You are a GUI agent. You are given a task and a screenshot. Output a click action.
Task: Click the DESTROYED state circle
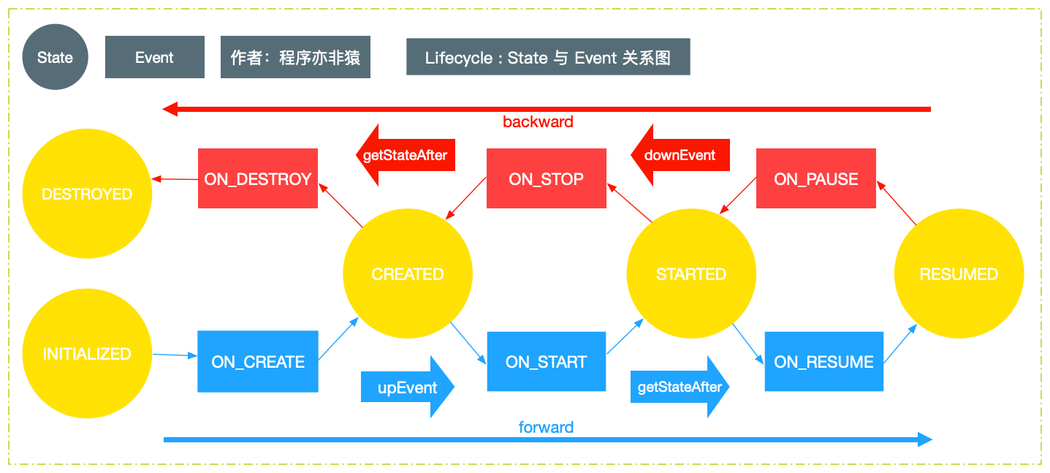pos(87,194)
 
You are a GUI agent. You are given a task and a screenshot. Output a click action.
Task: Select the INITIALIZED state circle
pos(87,354)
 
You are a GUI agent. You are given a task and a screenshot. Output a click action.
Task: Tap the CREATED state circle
pos(408,274)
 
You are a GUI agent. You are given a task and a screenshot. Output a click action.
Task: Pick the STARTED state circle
pos(691,274)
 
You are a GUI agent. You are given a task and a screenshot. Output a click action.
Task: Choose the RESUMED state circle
pos(959,274)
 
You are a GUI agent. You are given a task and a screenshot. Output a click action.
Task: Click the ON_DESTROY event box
pos(258,178)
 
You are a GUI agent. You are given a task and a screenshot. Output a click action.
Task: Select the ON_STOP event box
pos(547,178)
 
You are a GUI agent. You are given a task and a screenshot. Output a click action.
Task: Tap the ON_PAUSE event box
pos(815,178)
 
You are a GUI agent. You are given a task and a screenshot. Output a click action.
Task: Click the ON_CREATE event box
pos(258,362)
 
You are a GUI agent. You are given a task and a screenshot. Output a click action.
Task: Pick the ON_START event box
pos(547,362)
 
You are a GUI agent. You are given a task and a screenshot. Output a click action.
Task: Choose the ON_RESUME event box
pos(824,362)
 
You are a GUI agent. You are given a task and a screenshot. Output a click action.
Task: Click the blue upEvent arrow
pos(407,387)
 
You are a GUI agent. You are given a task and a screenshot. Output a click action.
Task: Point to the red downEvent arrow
pos(680,155)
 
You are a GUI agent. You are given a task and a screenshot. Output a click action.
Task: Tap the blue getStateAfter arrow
pos(680,387)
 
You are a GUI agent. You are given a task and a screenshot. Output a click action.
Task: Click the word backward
pos(538,122)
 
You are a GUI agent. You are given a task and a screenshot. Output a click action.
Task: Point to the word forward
pos(546,427)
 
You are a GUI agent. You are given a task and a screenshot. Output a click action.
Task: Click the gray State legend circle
pos(56,57)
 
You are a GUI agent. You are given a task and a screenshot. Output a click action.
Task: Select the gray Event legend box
pos(154,57)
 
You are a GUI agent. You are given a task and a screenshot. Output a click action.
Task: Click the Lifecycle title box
pos(548,57)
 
